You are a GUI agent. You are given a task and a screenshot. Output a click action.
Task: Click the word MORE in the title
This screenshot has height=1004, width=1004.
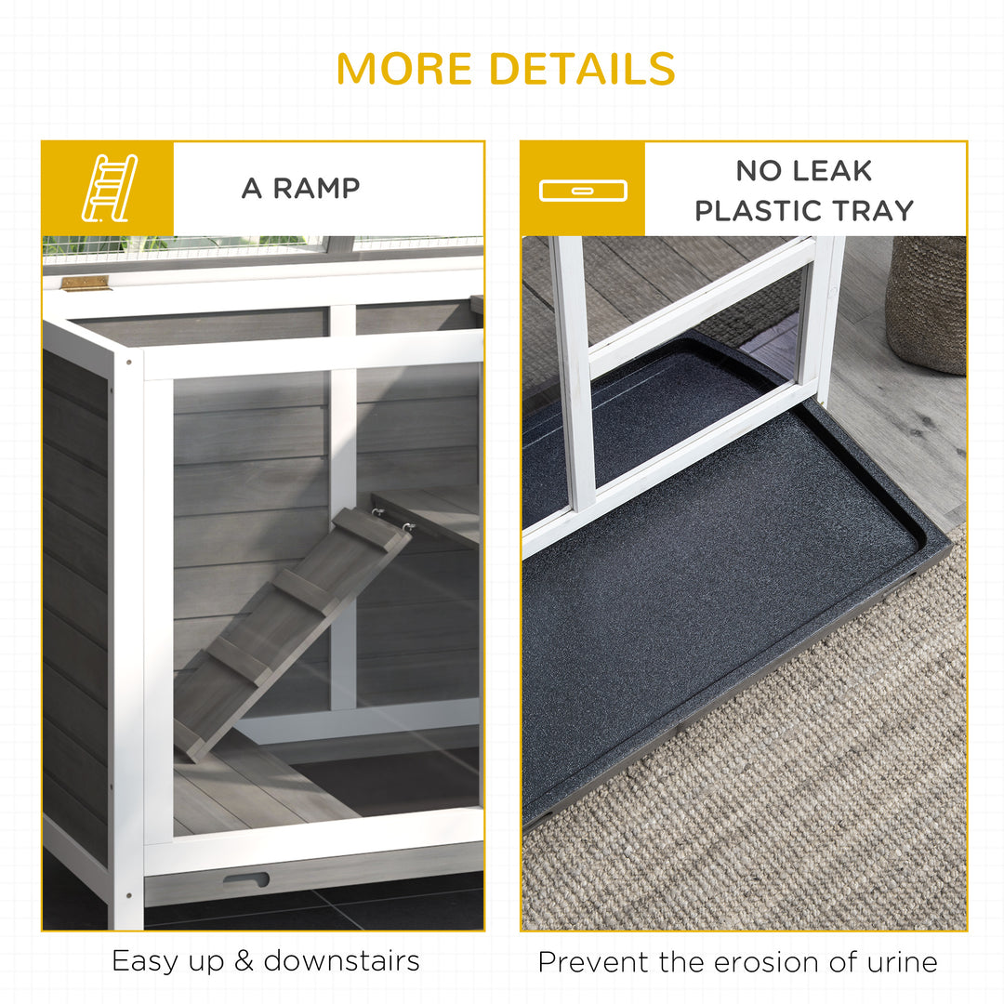click(x=404, y=69)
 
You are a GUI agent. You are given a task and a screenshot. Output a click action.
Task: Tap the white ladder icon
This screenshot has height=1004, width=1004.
click(x=108, y=188)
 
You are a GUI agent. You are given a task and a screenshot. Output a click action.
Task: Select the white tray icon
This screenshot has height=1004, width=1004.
click(x=583, y=191)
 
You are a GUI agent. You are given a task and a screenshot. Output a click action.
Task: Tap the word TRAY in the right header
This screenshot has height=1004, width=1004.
click(x=873, y=211)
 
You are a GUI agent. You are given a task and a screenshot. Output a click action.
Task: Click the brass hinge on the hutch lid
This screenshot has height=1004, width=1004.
click(x=86, y=283)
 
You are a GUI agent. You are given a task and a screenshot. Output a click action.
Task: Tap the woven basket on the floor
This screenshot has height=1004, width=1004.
click(x=925, y=302)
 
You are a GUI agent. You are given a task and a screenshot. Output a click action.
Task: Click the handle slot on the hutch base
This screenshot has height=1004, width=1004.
click(x=245, y=879)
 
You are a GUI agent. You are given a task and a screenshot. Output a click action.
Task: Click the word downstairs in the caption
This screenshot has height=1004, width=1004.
click(x=341, y=960)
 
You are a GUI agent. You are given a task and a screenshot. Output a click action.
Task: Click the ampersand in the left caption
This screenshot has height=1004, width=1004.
click(x=244, y=961)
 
